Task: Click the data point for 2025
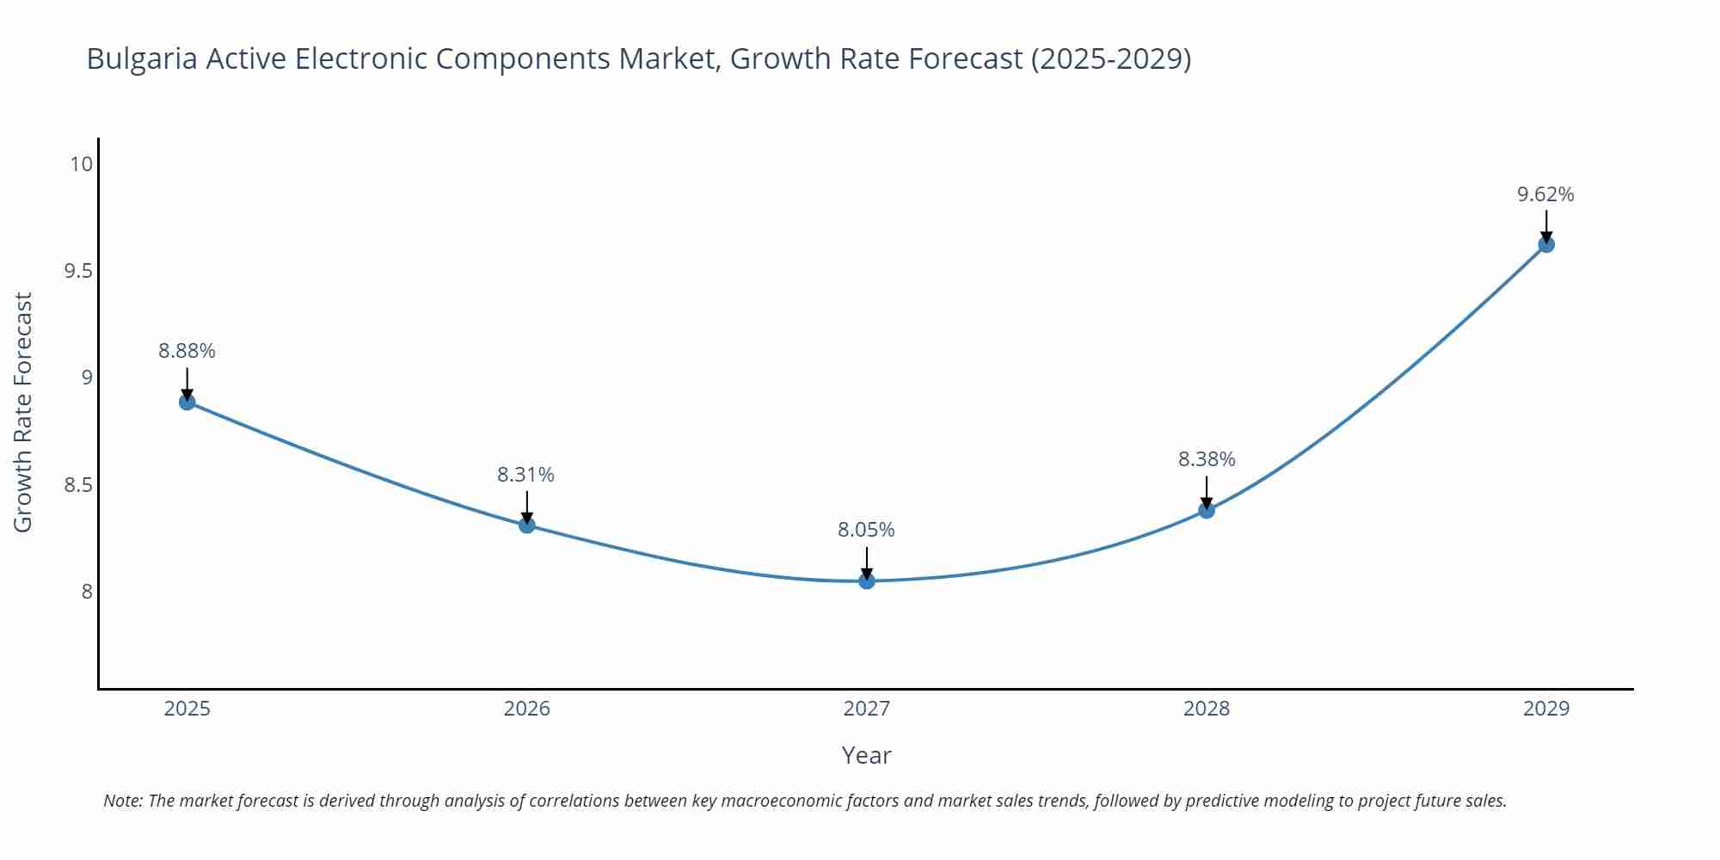[187, 402]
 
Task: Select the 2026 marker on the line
[527, 525]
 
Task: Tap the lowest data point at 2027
[867, 581]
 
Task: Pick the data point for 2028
[1207, 510]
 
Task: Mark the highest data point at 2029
[1546, 244]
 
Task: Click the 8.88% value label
[187, 351]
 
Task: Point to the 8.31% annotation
[525, 475]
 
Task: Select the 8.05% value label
[866, 530]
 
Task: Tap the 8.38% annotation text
[1207, 459]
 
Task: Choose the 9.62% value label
[1545, 194]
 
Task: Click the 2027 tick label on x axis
[867, 709]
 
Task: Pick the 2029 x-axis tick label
[1546, 709]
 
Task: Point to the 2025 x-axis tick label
[187, 709]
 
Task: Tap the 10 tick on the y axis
[81, 164]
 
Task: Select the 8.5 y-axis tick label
[78, 485]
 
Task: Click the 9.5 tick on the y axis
[78, 271]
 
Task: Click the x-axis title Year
[866, 755]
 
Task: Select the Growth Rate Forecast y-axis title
[23, 412]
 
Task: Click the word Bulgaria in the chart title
[142, 58]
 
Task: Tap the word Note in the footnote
[122, 801]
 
